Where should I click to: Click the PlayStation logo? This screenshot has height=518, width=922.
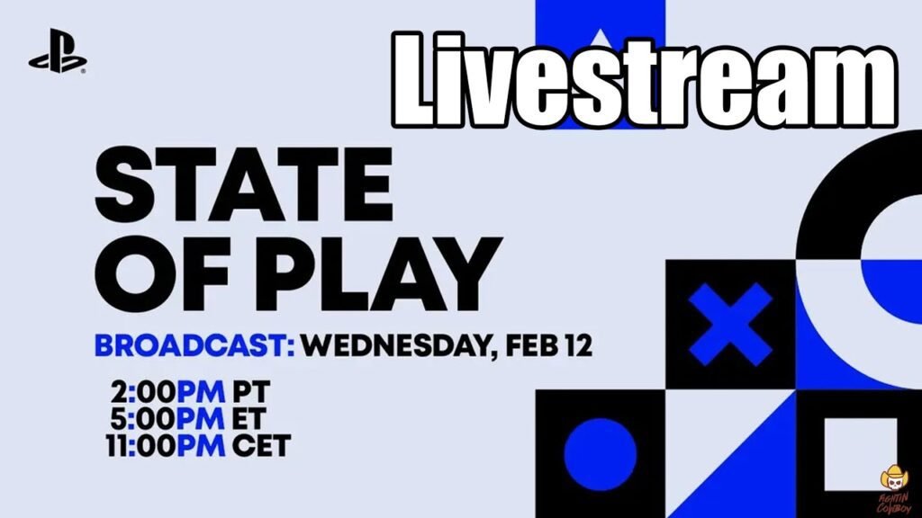(58, 51)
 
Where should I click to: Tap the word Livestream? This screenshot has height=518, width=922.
(645, 80)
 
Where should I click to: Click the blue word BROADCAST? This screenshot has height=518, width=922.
(194, 346)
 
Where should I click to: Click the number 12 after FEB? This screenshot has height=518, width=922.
(579, 346)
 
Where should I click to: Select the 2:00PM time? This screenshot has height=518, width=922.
(167, 392)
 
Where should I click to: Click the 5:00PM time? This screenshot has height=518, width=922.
(167, 419)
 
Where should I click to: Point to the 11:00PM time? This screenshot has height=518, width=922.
(166, 446)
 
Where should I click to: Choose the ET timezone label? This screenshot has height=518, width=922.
(249, 419)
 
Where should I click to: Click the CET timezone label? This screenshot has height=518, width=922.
(262, 446)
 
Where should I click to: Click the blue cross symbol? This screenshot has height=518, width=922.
(730, 324)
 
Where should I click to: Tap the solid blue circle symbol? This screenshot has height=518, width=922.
(601, 454)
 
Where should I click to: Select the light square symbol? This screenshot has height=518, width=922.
(861, 454)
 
